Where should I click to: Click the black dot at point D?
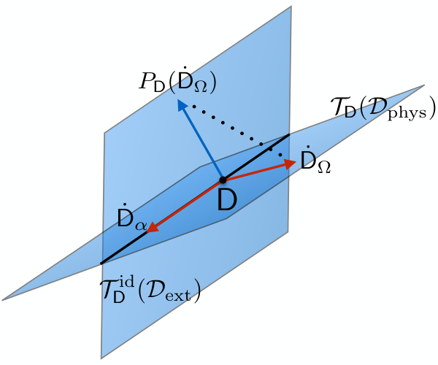[223, 180]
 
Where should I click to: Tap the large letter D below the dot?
[227, 200]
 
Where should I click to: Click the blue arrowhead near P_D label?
[182, 107]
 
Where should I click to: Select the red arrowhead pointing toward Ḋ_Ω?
[291, 164]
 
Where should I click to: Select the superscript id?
[126, 283]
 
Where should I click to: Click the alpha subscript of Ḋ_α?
[141, 226]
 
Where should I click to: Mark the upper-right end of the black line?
[288, 135]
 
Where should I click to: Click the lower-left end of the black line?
[101, 263]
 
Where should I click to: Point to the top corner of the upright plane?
[291, 6]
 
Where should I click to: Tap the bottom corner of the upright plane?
[101, 358]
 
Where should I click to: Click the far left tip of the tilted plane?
[2, 300]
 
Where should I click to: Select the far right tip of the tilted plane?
[424, 85]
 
